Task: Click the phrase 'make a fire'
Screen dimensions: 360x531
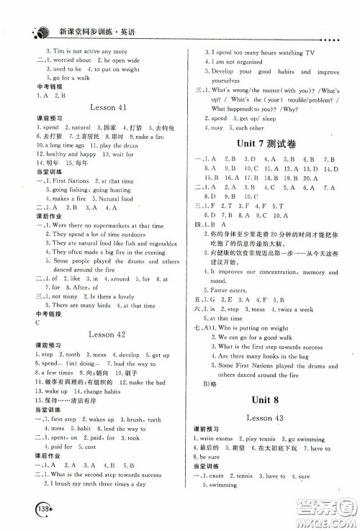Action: (150, 135)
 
